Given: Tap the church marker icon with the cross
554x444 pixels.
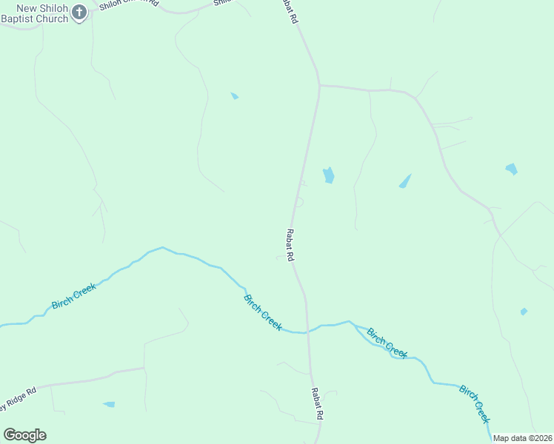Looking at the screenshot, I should (80, 12).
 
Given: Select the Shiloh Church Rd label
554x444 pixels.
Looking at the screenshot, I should (130, 3).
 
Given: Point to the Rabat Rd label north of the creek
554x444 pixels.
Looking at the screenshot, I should (290, 245).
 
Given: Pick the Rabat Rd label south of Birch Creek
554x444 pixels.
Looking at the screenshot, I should (316, 404).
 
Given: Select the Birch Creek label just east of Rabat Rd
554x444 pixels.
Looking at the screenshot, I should (387, 343).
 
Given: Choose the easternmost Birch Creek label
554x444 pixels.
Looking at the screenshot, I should (474, 403).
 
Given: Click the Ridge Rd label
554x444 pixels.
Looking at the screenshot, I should (18, 400).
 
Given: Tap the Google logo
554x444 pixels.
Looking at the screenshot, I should (24, 435).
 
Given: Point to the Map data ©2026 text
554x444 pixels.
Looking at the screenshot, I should (523, 438).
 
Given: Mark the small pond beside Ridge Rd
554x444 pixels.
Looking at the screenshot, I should (110, 404).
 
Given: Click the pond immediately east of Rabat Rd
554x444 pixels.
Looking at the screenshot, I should (328, 175).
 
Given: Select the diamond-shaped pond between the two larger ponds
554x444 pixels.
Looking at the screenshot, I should (404, 181).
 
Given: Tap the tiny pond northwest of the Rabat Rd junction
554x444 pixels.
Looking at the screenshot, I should (234, 95).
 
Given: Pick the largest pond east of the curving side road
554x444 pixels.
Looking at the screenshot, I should (511, 169).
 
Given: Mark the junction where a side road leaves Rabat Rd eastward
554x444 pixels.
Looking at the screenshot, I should (319, 86).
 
